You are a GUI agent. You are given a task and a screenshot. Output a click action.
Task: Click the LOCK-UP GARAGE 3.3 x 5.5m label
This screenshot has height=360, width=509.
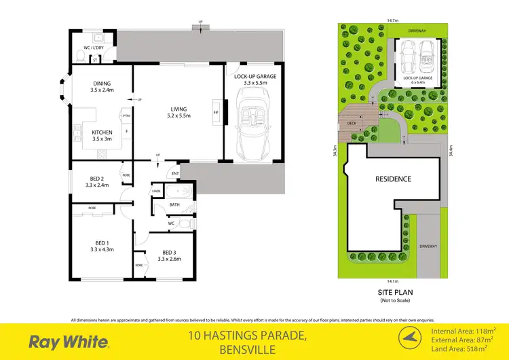pos(254,80)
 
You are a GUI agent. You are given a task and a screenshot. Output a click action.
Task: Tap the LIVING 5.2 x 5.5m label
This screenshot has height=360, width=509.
pos(179,112)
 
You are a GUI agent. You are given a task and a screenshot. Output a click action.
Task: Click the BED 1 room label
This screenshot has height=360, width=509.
pos(101,245)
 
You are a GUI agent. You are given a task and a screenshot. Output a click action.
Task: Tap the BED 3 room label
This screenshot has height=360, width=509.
pos(169,255)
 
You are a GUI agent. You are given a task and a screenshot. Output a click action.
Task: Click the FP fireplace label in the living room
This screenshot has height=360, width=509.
pos(215,112)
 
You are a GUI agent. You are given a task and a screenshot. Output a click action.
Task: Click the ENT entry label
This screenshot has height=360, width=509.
pos(175,174)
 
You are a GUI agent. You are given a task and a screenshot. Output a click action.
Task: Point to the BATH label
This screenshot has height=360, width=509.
pos(174,204)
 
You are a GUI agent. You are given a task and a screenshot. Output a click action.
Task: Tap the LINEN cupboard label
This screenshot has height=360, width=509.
pos(156,192)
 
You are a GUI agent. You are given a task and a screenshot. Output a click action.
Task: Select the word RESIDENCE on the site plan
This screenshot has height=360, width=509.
pos(394,179)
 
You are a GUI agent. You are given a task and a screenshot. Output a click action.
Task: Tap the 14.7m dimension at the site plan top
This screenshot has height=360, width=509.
pos(392,20)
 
